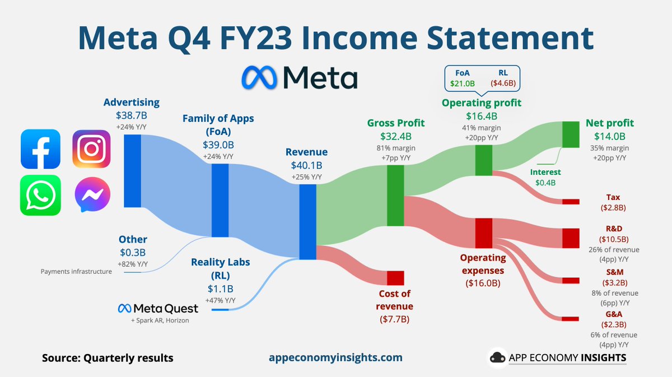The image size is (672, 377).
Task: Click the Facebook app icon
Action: tap(40, 149)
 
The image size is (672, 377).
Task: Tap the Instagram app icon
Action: tap(92, 149)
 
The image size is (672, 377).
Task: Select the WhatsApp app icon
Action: tap(40, 195)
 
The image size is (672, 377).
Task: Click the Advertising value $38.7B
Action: tap(131, 115)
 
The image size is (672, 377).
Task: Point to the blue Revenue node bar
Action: tap(307, 222)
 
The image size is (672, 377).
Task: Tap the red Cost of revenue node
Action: tap(395, 278)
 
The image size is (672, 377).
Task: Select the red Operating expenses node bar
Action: tap(483, 233)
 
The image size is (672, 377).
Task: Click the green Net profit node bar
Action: tap(571, 134)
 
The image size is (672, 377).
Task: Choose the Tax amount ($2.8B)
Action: tap(613, 208)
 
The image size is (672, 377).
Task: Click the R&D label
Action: tap(614, 228)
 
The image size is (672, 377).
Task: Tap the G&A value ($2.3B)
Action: tap(614, 324)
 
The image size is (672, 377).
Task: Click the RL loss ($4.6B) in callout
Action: tap(503, 83)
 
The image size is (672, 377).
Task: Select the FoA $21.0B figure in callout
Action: tap(462, 83)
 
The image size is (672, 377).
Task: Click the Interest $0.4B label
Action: tap(545, 178)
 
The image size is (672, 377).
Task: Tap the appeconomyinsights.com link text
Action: tap(335, 357)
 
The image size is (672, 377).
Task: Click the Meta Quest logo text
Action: tap(158, 308)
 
